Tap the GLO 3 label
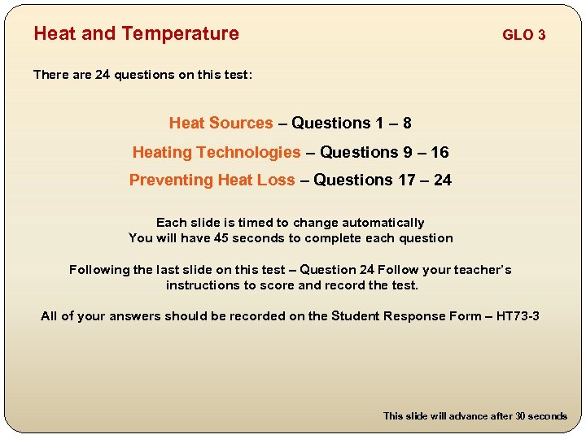point(523,35)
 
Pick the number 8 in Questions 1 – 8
point(406,124)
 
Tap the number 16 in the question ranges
point(439,152)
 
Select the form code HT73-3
point(518,316)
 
